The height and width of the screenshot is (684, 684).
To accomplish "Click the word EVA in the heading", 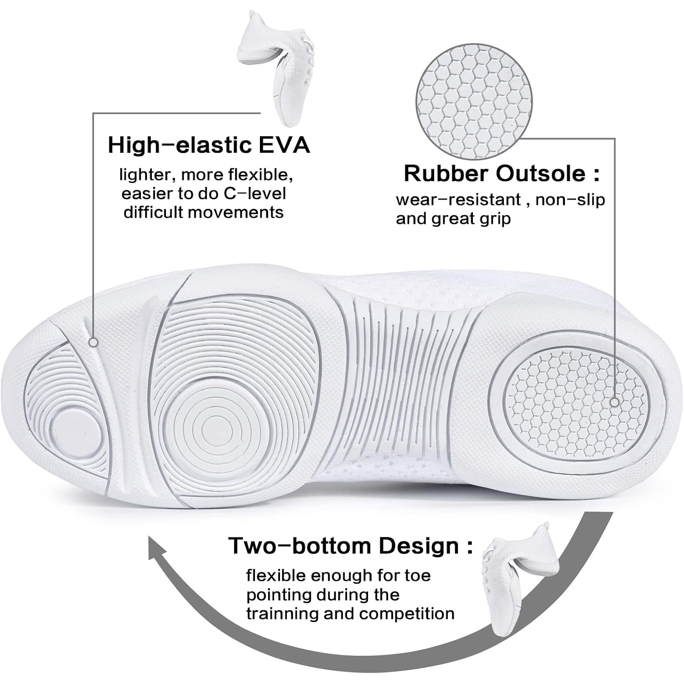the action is pos(281,145).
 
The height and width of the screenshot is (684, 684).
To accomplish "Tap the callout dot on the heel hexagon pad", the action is pos(614,402).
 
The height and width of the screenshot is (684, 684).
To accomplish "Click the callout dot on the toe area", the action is pos(94,342).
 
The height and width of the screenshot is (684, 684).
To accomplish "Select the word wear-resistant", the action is pos(458,200).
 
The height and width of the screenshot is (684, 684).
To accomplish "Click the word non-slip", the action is pos(570,200).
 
